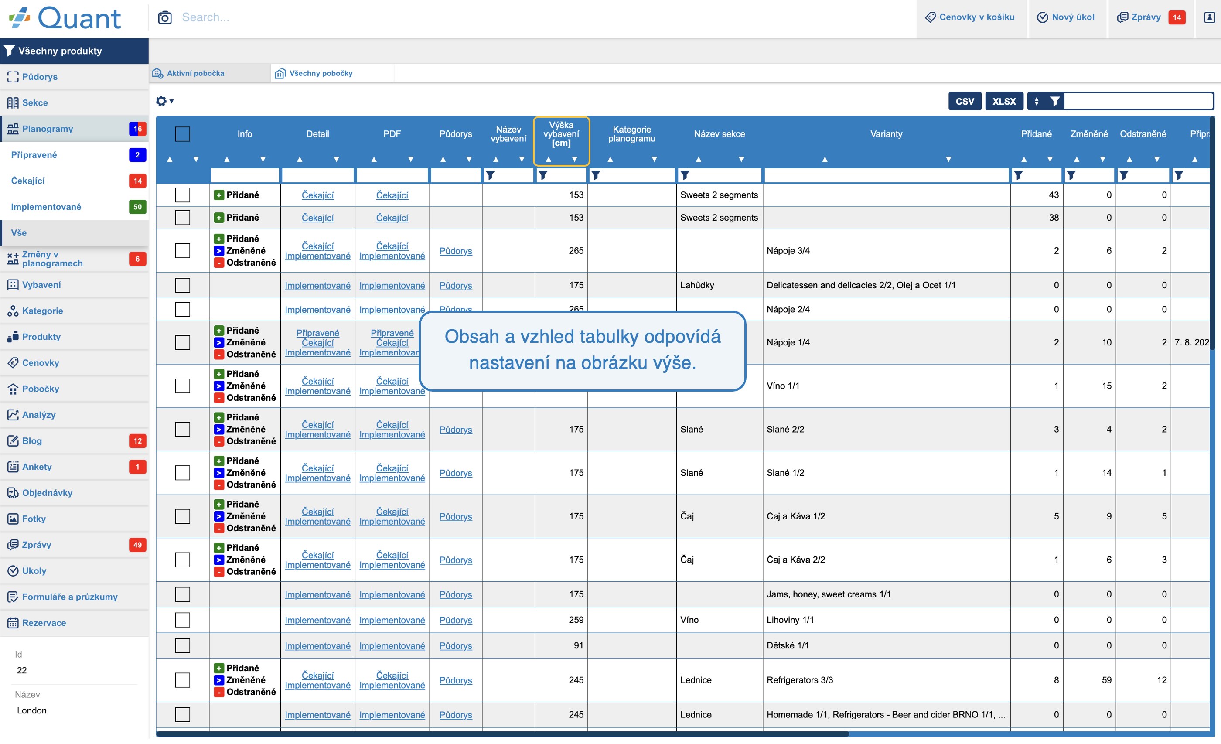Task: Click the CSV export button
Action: (964, 101)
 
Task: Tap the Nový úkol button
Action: (1066, 17)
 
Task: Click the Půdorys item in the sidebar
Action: (40, 77)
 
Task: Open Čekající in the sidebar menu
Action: (28, 181)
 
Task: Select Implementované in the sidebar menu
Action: (46, 207)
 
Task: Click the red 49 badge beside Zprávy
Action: (137, 545)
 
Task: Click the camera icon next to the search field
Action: (165, 17)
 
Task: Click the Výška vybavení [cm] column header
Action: (561, 134)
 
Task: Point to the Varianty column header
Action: (886, 134)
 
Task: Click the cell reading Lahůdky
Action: (697, 285)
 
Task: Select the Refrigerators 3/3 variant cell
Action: (799, 680)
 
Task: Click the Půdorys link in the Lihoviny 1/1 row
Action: (455, 620)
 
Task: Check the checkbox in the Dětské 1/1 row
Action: (183, 645)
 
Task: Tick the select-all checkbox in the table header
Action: (183, 134)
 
